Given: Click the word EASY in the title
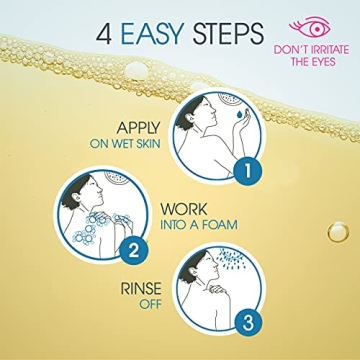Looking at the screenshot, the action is (x=152, y=34).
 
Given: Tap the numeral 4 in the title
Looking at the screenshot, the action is (x=104, y=34).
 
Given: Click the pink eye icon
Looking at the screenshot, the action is (x=310, y=27).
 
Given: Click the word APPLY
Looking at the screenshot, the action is (x=138, y=128).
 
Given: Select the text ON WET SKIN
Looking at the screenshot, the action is (x=125, y=144).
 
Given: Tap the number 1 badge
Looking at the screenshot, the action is (x=248, y=172).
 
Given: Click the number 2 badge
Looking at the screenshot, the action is (x=133, y=251).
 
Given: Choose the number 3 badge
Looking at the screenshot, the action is (x=248, y=324).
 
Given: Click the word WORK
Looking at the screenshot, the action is (x=184, y=209).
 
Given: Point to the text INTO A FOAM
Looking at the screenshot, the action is (x=199, y=225).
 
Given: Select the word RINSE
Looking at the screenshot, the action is (x=141, y=289).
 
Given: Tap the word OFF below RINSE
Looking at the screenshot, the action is (x=150, y=304).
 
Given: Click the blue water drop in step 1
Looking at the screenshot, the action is (x=239, y=114).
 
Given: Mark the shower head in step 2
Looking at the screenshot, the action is (x=117, y=177).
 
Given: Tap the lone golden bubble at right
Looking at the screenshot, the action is (x=338, y=232).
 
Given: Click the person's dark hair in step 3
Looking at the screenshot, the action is (x=192, y=266).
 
